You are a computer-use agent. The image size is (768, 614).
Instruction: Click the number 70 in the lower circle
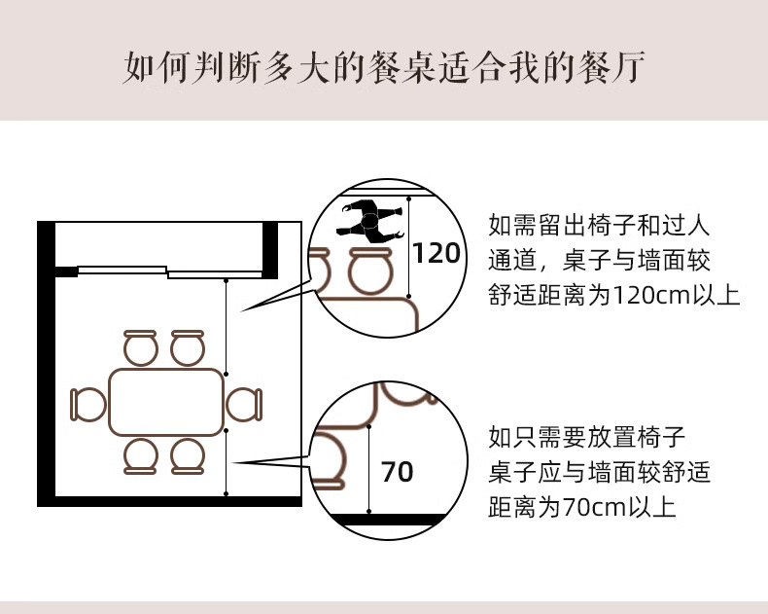click(397, 472)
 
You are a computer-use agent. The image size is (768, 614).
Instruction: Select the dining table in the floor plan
click(166, 402)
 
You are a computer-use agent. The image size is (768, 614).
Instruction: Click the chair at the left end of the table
click(88, 405)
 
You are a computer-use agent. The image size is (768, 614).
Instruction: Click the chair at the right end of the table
click(244, 404)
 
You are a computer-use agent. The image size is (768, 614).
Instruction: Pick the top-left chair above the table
click(141, 347)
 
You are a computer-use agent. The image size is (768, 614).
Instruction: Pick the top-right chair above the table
click(189, 347)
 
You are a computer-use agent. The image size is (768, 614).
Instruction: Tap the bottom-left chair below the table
click(141, 455)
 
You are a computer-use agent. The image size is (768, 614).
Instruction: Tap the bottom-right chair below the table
click(189, 455)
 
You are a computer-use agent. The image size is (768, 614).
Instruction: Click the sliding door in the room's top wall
click(169, 271)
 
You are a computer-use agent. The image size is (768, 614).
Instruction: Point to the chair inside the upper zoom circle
click(370, 271)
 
